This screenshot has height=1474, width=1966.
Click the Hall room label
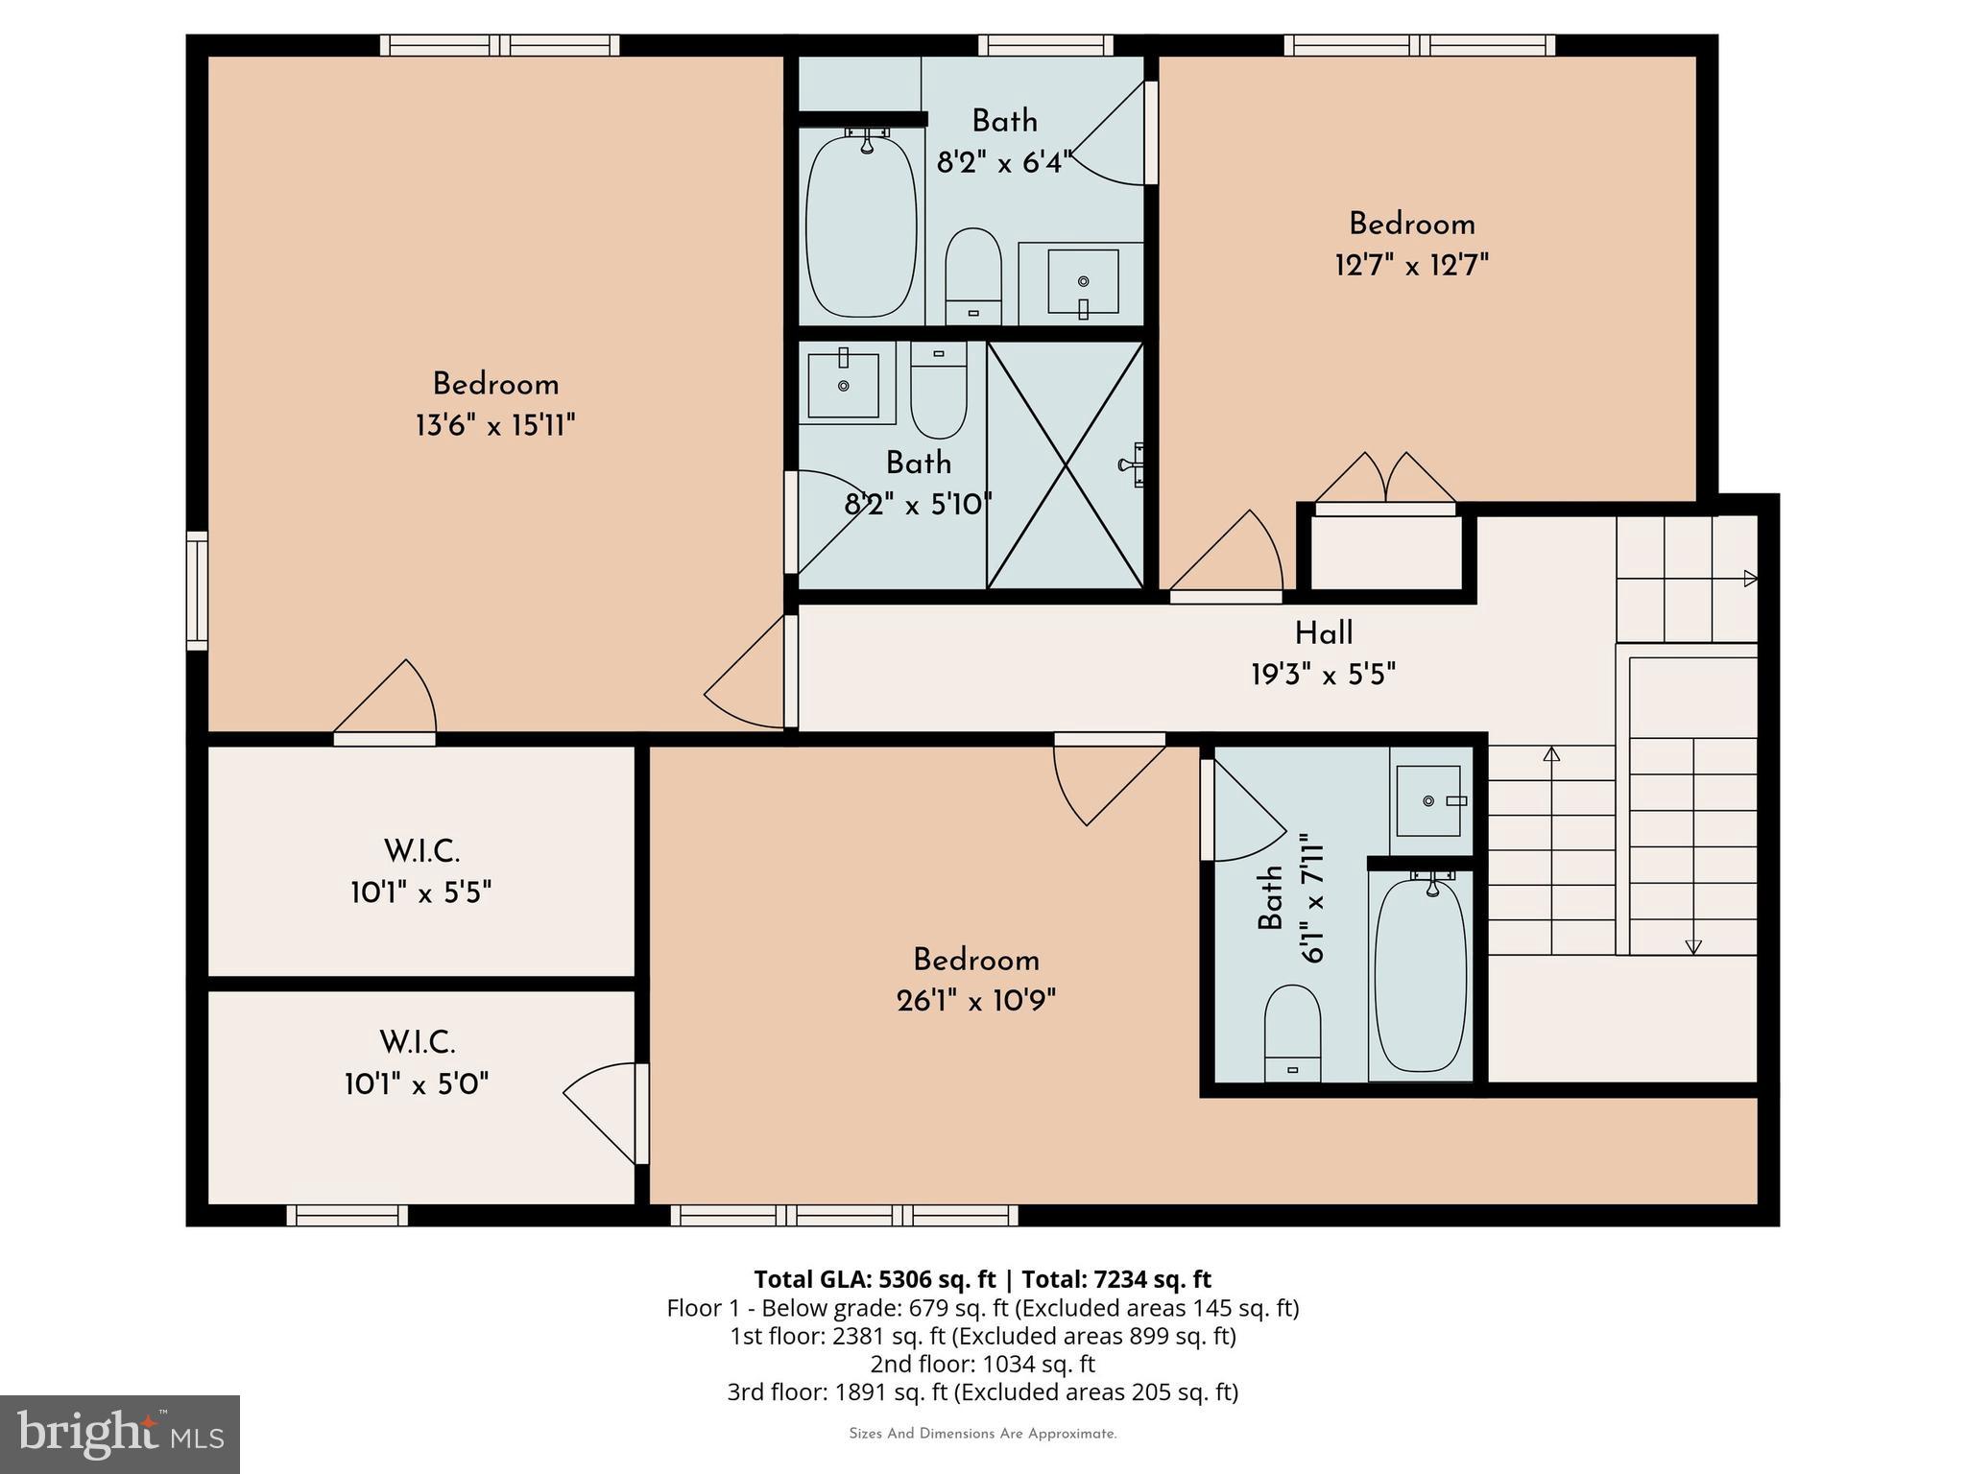click(x=1323, y=633)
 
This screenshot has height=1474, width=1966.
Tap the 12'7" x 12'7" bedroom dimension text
click(x=1411, y=265)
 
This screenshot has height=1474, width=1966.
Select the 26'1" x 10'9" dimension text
click(x=975, y=1001)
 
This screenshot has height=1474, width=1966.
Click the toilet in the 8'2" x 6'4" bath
click(x=973, y=276)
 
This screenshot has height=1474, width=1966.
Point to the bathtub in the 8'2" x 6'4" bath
click(x=861, y=226)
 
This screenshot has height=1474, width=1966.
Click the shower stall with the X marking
click(x=1066, y=465)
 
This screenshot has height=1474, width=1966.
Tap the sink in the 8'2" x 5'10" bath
click(x=844, y=385)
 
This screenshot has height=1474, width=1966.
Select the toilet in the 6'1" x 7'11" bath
click(x=1292, y=1034)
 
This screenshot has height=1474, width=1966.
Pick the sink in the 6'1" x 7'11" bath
click(x=1428, y=800)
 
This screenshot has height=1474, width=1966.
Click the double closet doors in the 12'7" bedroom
click(x=1384, y=480)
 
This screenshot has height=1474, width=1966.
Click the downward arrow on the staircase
click(x=1693, y=946)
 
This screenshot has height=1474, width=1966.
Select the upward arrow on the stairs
click(x=1551, y=754)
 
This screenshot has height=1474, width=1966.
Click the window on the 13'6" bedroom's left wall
click(x=197, y=590)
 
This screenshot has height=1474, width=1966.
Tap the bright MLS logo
click(x=120, y=1434)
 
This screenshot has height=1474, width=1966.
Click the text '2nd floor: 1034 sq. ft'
click(x=982, y=1364)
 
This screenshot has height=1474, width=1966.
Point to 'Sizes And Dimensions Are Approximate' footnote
click(x=982, y=1434)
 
